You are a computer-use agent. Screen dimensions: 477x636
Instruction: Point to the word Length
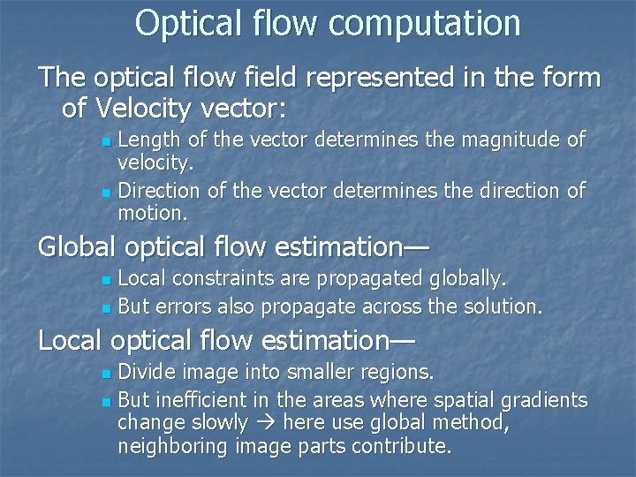coord(147,140)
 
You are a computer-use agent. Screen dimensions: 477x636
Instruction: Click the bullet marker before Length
coord(106,141)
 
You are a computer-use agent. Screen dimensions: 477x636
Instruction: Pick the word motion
coord(152,213)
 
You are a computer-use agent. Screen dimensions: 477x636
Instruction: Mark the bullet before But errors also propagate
coord(106,308)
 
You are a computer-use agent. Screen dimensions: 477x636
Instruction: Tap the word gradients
coord(544,400)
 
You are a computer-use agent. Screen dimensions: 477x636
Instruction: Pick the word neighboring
coord(173,447)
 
